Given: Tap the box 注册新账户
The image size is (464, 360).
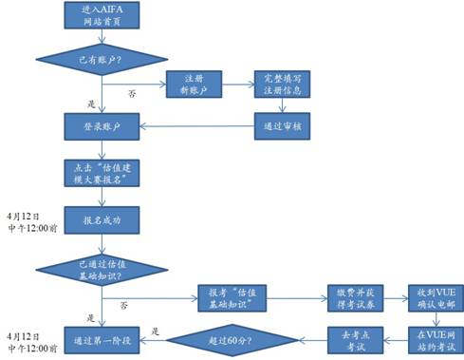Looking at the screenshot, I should (194, 85).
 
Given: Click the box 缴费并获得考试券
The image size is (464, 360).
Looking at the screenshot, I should (347, 295).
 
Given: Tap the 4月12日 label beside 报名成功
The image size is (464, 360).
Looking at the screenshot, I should (21, 215).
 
